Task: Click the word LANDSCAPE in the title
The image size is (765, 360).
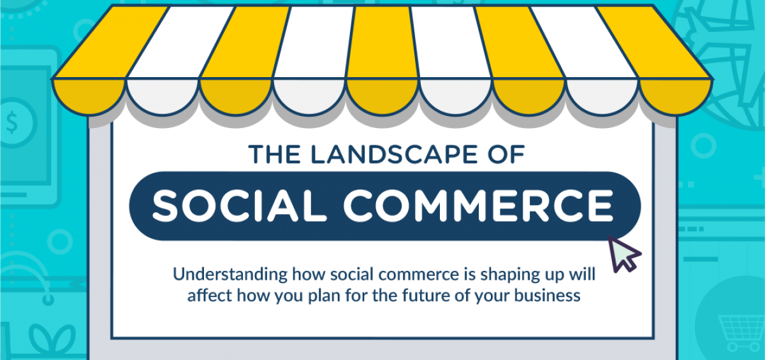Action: point(394,154)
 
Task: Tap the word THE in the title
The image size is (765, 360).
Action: point(274,154)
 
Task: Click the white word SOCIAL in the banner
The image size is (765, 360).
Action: point(240,206)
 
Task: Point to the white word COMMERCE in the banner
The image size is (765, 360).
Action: point(479,206)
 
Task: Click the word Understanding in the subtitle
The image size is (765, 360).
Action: point(230,275)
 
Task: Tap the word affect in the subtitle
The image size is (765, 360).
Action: point(209,295)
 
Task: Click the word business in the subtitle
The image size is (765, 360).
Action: point(548,295)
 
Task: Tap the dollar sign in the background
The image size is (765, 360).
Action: point(12,123)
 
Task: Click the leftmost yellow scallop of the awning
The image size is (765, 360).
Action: point(89,97)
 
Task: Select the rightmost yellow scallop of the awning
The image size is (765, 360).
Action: point(675,97)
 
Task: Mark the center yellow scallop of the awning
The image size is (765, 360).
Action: point(382,97)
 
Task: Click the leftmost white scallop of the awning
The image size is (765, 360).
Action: point(163,97)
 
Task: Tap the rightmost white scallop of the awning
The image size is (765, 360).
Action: point(602,97)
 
